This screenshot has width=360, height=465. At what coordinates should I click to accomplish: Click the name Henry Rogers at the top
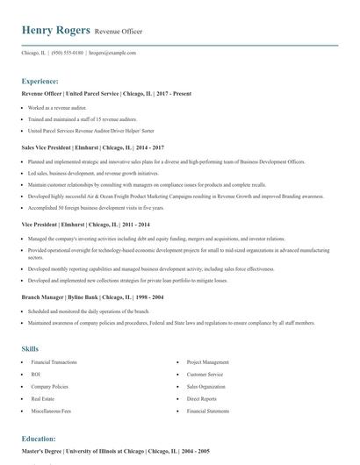tap(56, 31)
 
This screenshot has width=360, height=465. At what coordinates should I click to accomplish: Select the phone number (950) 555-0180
tap(67, 53)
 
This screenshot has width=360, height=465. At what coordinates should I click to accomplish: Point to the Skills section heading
tap(30, 348)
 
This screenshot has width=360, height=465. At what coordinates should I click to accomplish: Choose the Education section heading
tap(39, 438)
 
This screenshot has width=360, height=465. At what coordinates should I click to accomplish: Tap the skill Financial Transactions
tap(53, 361)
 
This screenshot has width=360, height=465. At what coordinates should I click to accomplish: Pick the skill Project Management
tap(207, 361)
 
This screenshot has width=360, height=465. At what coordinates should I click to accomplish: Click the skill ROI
tap(35, 374)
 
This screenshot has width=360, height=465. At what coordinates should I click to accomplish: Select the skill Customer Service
tap(205, 374)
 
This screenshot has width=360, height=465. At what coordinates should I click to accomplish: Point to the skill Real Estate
tap(43, 398)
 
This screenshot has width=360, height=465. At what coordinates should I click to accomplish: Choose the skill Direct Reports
tap(201, 398)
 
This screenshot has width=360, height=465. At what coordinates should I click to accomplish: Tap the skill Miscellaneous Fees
tap(50, 411)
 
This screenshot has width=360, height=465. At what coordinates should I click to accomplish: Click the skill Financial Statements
tap(207, 411)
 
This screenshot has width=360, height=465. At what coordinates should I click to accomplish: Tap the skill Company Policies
tap(48, 386)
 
